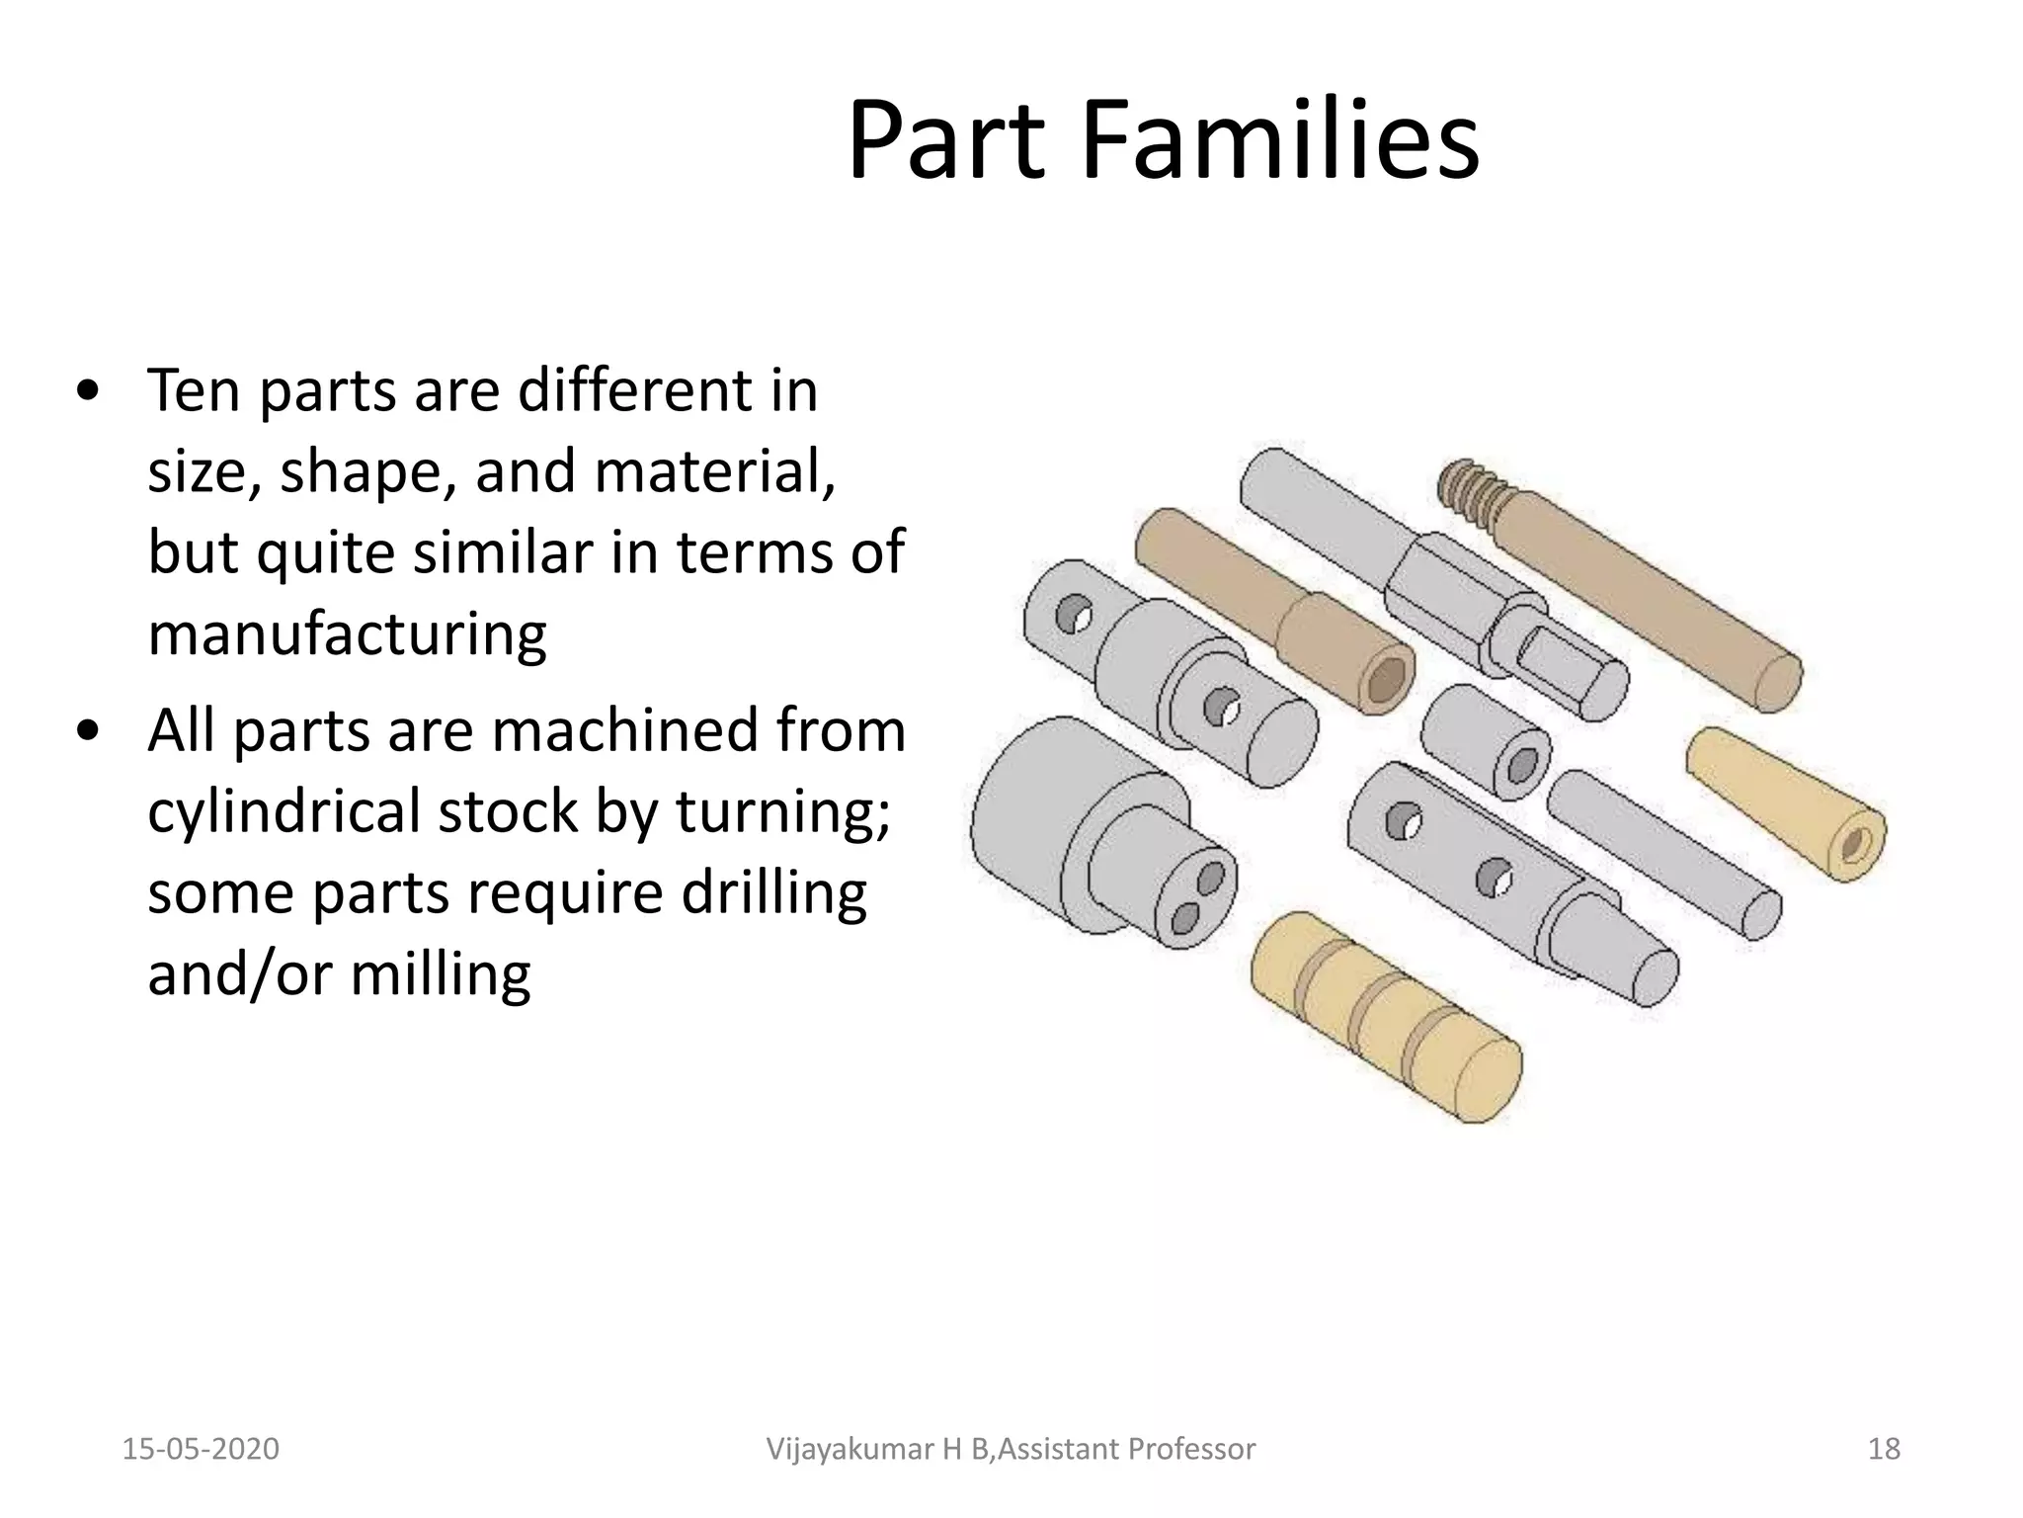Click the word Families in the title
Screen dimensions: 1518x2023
click(1279, 141)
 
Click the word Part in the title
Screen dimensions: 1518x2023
click(945, 141)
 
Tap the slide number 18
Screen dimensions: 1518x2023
click(1884, 1449)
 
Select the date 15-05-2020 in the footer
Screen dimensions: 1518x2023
click(201, 1449)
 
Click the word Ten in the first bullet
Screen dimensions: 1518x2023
click(194, 390)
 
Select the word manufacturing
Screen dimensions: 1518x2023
click(347, 633)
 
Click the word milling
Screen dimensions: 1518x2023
click(441, 973)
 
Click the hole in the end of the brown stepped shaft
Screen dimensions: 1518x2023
click(1389, 680)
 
